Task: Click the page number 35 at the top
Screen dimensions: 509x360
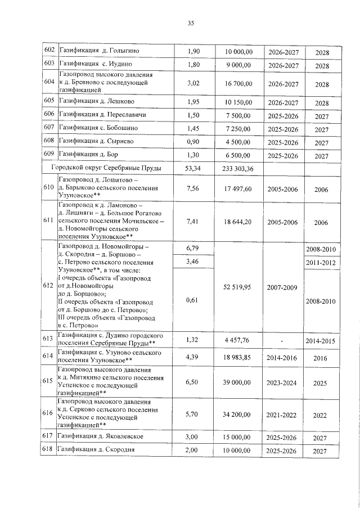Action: tap(191, 23)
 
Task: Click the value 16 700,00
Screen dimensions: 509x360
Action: tap(238, 84)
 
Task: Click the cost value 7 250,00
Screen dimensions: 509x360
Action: tap(238, 128)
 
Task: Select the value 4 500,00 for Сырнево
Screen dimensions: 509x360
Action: tap(238, 142)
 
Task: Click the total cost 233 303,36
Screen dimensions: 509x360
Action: tap(238, 168)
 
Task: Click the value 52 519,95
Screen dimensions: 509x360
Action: tap(238, 286)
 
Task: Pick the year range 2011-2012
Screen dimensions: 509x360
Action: tap(321, 263)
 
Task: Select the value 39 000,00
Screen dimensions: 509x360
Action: tap(238, 381)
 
